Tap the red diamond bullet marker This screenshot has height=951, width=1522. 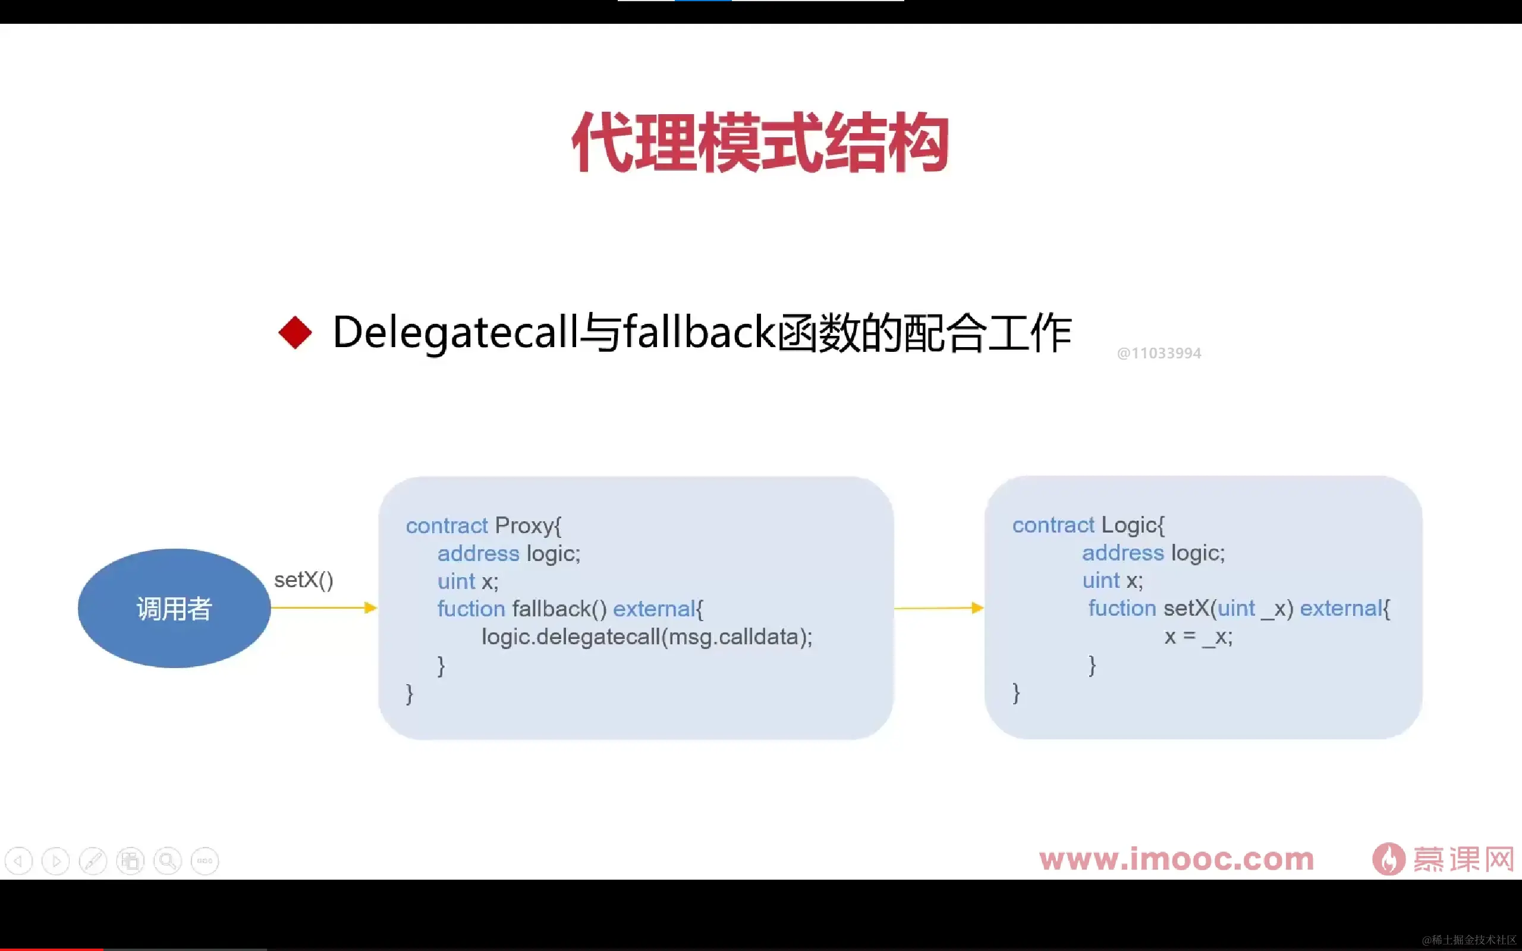(295, 332)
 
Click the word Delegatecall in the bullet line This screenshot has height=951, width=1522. (454, 332)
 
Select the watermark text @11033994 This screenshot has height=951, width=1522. (1159, 353)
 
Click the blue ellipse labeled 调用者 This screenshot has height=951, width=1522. (174, 607)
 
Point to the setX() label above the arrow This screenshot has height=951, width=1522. (303, 580)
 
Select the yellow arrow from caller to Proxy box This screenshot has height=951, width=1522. (323, 607)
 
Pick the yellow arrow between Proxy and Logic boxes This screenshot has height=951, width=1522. (938, 607)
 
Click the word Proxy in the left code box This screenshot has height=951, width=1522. (524, 525)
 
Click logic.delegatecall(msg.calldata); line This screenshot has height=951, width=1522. (646, 637)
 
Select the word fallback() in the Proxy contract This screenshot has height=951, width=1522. (559, 608)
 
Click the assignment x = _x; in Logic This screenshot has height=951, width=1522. (1197, 637)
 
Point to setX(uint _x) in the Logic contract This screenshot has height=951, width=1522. (1228, 608)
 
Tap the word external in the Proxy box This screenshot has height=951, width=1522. (653, 608)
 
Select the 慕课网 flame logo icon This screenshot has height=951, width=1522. (1388, 859)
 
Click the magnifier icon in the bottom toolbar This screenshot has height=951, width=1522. (167, 861)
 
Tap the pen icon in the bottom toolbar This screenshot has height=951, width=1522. (93, 861)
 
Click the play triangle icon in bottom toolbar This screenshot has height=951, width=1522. (56, 861)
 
